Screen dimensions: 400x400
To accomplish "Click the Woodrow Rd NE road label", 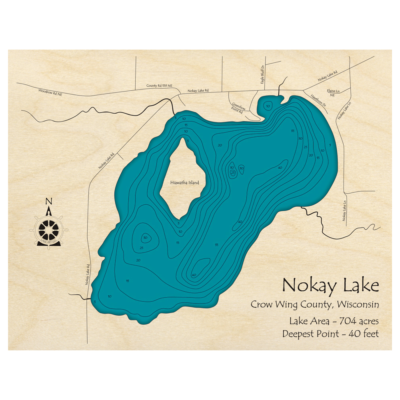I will [x=50, y=92].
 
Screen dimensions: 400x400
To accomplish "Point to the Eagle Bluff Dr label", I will [x=263, y=72].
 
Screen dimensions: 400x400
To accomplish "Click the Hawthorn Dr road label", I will [x=319, y=100].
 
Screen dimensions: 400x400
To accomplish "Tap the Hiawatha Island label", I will [x=184, y=182].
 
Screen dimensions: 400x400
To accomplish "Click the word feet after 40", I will [x=369, y=334].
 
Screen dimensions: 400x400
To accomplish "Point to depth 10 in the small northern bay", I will [x=268, y=106].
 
